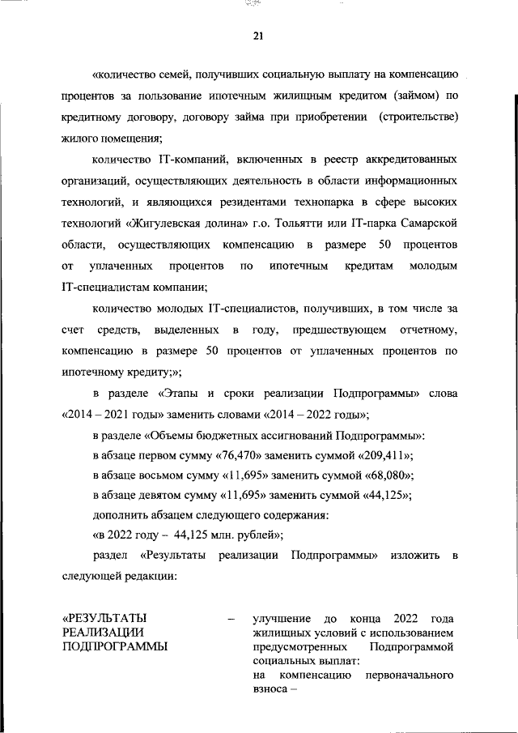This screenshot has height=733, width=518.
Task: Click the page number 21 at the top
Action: click(x=258, y=35)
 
